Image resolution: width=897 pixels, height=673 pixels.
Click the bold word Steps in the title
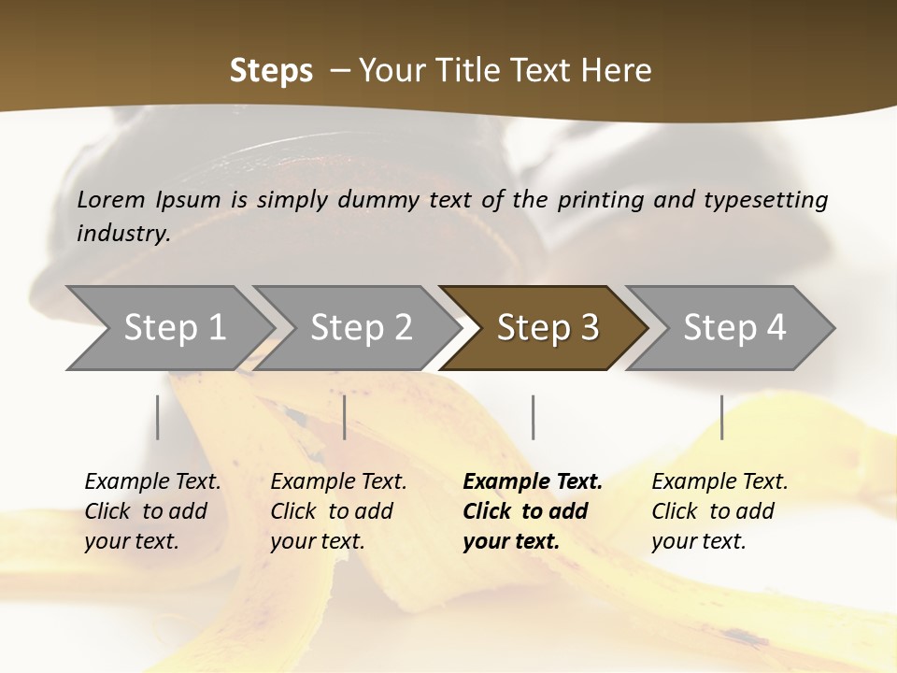(x=271, y=71)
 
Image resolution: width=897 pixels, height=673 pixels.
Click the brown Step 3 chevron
(x=547, y=328)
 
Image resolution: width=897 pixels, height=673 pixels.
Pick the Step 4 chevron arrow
(x=733, y=328)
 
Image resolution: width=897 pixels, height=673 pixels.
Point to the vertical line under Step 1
(x=158, y=417)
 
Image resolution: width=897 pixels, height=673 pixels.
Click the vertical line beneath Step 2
(x=345, y=417)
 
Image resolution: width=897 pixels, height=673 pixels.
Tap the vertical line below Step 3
(x=533, y=417)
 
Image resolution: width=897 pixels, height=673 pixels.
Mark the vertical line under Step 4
(x=722, y=417)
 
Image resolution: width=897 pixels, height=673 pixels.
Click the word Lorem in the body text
(x=111, y=199)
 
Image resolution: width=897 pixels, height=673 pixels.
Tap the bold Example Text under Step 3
(x=533, y=482)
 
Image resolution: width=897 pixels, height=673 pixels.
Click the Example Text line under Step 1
(x=152, y=482)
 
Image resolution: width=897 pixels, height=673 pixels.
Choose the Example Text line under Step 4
(x=719, y=482)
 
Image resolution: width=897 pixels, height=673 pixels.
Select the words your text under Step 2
(x=317, y=541)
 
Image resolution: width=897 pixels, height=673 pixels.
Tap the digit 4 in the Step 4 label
(x=775, y=328)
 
